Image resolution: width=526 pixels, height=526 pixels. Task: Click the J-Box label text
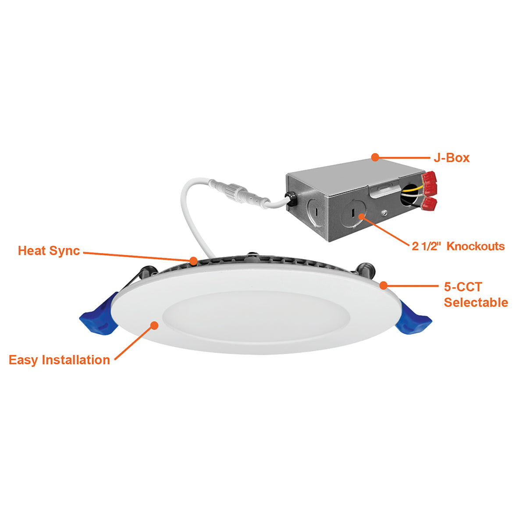(x=451, y=158)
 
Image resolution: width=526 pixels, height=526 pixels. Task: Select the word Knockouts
(x=476, y=246)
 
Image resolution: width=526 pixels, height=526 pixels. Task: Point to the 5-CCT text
(x=463, y=287)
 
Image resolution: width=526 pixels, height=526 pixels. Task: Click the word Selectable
(x=476, y=302)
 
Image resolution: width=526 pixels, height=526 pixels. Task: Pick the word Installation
(x=75, y=360)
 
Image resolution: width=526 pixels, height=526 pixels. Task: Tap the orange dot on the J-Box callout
(x=375, y=157)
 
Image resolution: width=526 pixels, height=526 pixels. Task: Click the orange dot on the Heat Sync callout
(x=194, y=261)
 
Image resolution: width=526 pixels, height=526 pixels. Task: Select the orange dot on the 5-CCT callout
(x=384, y=285)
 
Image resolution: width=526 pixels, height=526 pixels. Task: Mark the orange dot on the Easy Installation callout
(x=154, y=325)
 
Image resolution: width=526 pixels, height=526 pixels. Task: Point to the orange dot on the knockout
(x=362, y=217)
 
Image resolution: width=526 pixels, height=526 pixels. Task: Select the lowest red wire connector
(x=429, y=204)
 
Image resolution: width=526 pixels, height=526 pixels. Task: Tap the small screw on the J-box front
(x=385, y=213)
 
